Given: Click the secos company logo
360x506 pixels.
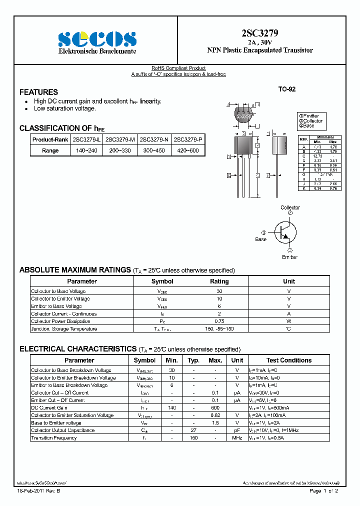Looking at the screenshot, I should click(x=97, y=38).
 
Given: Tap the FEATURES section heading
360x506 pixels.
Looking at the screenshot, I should click(x=38, y=92).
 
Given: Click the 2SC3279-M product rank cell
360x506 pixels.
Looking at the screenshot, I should click(x=120, y=139).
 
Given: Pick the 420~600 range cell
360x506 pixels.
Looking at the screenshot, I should click(x=187, y=150).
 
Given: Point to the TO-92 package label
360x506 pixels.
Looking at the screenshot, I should click(x=287, y=89).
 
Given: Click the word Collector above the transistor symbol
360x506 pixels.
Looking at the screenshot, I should click(x=290, y=207).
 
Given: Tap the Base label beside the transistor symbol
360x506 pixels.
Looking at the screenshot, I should click(x=261, y=239).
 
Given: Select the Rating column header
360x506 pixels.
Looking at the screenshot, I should click(x=219, y=281).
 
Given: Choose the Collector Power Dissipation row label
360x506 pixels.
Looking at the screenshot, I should click(x=60, y=321).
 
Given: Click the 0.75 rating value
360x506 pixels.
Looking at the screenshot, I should click(x=219, y=321).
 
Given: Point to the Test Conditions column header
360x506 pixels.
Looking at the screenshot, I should click(x=288, y=360).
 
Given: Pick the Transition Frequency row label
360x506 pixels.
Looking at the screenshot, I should click(x=54, y=438).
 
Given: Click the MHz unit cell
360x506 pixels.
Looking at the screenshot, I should click(x=237, y=438).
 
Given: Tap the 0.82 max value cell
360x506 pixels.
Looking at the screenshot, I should click(x=215, y=415).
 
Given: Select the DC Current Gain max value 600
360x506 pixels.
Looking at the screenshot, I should click(x=215, y=408).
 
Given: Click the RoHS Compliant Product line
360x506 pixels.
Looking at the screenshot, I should click(x=178, y=68).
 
